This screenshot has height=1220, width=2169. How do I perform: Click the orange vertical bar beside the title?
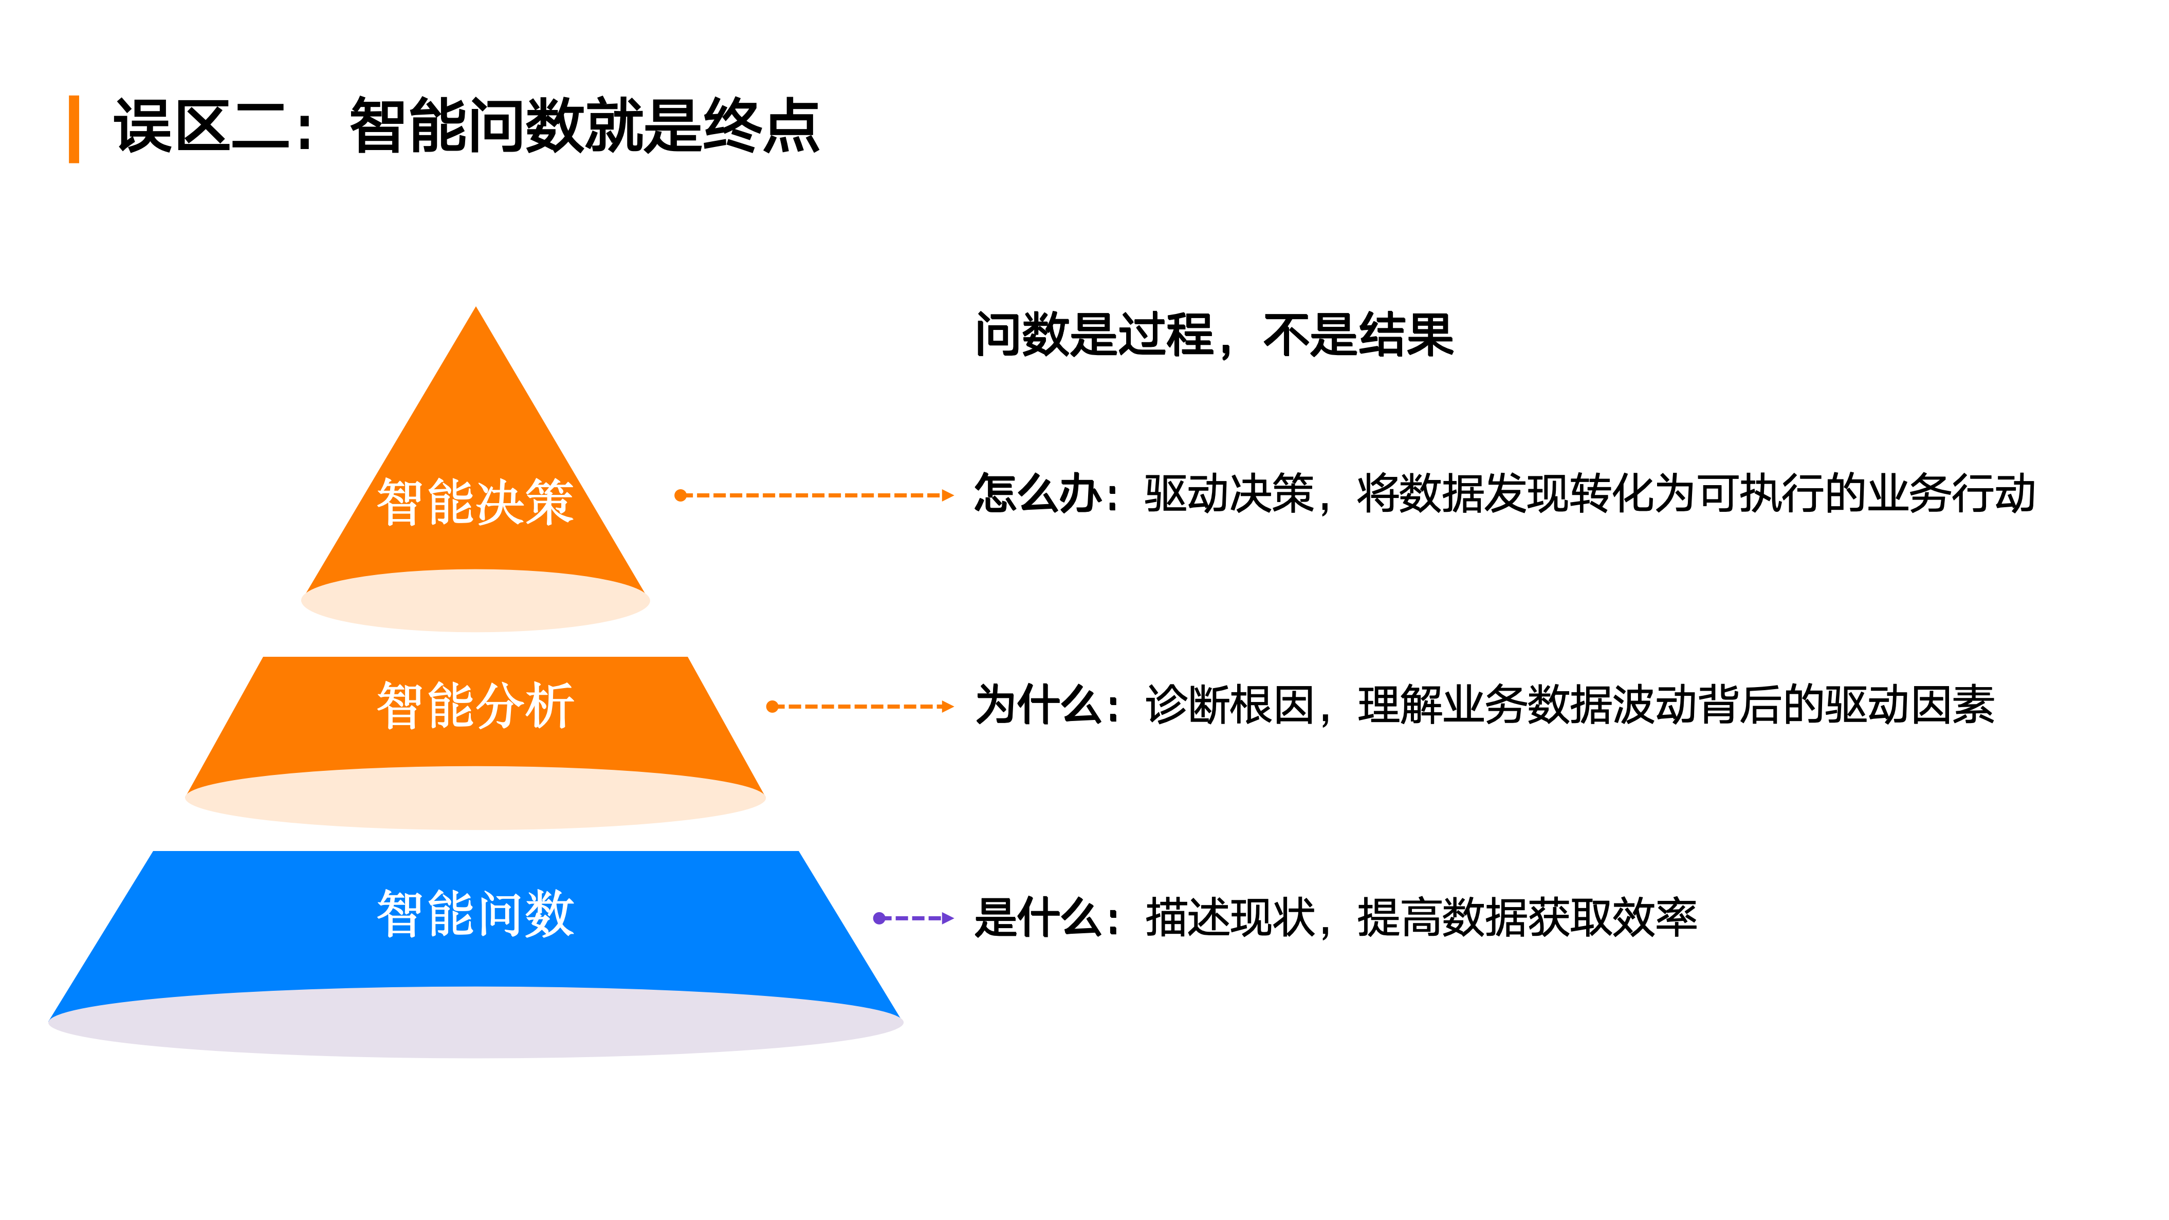74,129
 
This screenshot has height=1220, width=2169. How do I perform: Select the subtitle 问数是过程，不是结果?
1214,335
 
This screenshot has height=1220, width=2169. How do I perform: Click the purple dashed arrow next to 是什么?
913,918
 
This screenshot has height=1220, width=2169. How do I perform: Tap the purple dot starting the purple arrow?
879,918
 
